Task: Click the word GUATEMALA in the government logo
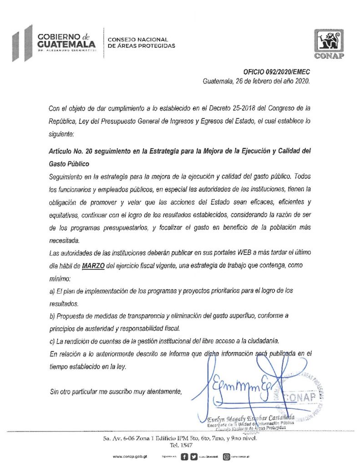click(66, 44)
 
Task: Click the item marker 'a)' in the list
click(51, 290)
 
